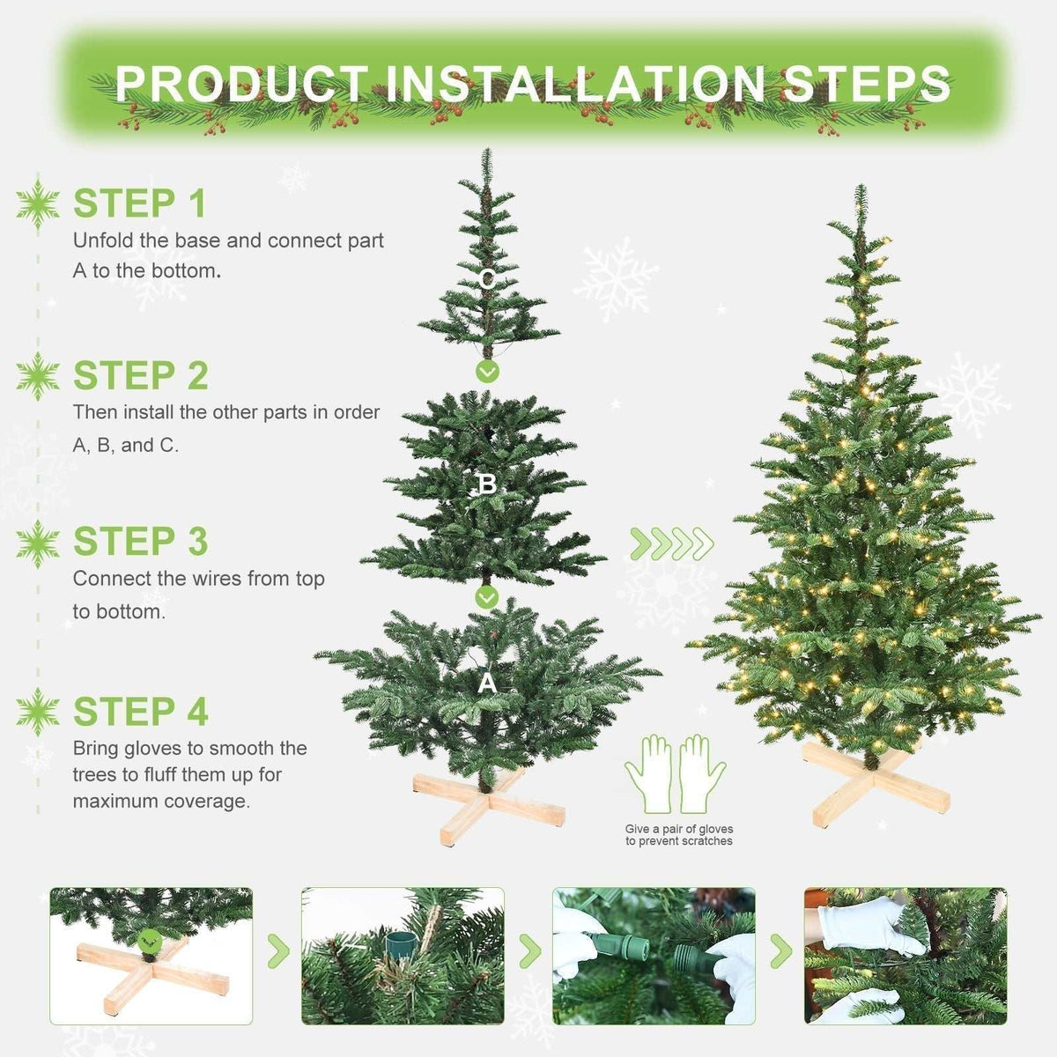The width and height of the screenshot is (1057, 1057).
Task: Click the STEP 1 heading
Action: tap(139, 203)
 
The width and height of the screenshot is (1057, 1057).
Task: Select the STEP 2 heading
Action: tap(140, 376)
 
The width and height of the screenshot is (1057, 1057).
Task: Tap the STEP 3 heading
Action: tap(140, 543)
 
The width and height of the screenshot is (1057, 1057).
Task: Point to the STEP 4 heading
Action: tap(140, 712)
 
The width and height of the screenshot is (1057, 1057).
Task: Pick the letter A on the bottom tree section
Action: tap(486, 684)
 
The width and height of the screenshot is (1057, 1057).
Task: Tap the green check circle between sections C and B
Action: tap(487, 372)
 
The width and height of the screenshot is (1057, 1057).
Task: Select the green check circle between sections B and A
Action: tap(487, 598)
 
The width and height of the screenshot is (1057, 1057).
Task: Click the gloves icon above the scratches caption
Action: tap(676, 774)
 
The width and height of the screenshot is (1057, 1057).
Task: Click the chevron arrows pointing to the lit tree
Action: tap(672, 544)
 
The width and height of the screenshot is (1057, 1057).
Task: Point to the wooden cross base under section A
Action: tap(489, 802)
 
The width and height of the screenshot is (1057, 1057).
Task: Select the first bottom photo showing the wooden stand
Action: tap(151, 956)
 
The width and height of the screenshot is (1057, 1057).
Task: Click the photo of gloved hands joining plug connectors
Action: tap(654, 956)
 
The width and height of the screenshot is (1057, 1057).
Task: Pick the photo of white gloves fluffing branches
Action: tap(905, 956)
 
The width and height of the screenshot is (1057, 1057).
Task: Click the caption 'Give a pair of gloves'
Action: tap(678, 829)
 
